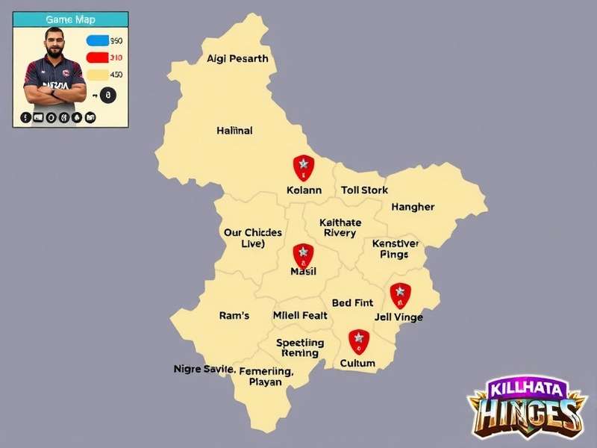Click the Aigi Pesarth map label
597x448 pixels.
pyautogui.click(x=237, y=59)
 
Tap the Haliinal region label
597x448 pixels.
pyautogui.click(x=234, y=130)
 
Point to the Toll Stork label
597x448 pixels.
pyautogui.click(x=364, y=190)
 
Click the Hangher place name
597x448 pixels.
pyautogui.click(x=413, y=207)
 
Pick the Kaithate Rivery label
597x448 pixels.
pyautogui.click(x=340, y=228)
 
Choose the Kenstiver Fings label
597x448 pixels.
pyautogui.click(x=395, y=249)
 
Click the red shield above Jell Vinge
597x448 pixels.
pyautogui.click(x=400, y=295)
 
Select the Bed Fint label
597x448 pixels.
pyautogui.click(x=352, y=303)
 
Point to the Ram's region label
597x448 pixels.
pyautogui.click(x=234, y=316)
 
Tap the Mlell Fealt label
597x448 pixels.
pyautogui.click(x=300, y=316)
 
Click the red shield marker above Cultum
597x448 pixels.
pyautogui.click(x=359, y=341)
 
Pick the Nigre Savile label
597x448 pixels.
pyautogui.click(x=204, y=369)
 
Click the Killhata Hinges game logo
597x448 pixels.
pyautogui.click(x=525, y=407)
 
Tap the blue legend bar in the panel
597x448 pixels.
pyautogui.click(x=97, y=41)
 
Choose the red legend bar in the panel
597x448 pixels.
pyautogui.click(x=97, y=57)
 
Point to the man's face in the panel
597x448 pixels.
pyautogui.click(x=54, y=45)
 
